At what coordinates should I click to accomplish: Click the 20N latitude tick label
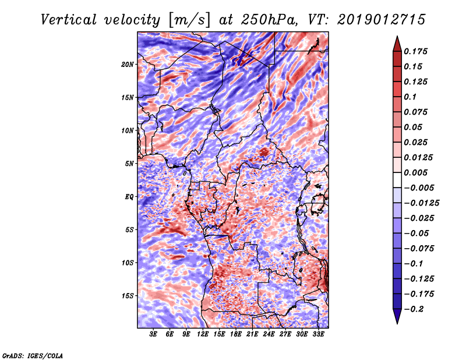coord(128,64)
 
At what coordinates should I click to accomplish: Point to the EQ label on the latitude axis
coord(129,197)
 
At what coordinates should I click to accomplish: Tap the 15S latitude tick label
coord(128,296)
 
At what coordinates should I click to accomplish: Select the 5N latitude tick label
coord(129,164)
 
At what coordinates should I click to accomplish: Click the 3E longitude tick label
coord(154,334)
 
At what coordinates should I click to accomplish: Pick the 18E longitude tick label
coord(236,334)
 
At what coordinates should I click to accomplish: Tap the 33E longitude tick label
coord(318,334)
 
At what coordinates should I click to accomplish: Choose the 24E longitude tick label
coord(269,334)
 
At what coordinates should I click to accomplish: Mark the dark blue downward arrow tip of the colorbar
coord(397,322)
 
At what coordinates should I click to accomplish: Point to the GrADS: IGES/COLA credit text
coord(33,355)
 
